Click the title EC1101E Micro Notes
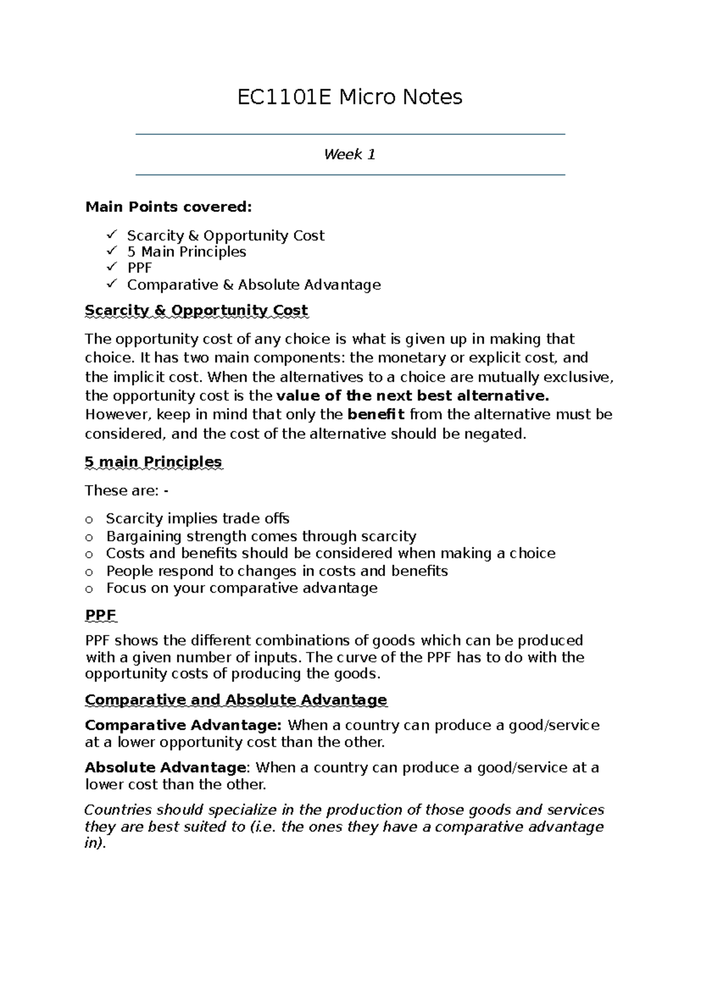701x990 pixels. [x=350, y=97]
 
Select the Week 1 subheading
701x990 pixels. [x=350, y=155]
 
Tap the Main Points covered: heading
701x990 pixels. [x=169, y=207]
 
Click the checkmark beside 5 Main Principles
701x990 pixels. [x=112, y=251]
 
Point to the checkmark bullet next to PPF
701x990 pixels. [x=112, y=267]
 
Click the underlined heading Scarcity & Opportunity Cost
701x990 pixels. [x=196, y=311]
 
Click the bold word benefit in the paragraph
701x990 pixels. [x=376, y=415]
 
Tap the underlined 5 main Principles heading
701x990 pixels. [x=153, y=462]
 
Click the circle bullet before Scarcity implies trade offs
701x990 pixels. [x=89, y=520]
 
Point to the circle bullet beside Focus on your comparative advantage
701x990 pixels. [x=89, y=588]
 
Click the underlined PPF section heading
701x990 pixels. [x=100, y=615]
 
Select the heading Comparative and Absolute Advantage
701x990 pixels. [x=236, y=699]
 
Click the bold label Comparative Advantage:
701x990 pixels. [x=183, y=726]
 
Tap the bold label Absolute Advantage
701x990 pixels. [x=165, y=768]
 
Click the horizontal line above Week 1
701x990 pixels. [x=350, y=134]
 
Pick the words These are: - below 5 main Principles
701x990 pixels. [x=127, y=490]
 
